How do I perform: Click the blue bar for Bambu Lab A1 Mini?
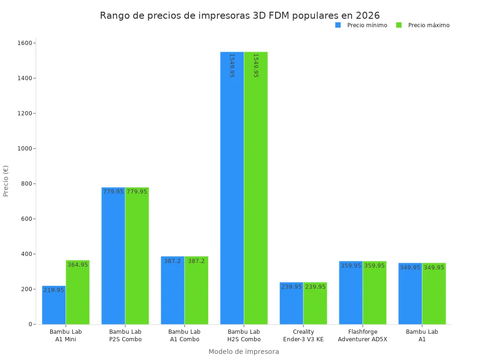(54, 305)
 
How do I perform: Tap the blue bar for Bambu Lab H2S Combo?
(232, 188)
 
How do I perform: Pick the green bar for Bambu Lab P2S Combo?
(137, 256)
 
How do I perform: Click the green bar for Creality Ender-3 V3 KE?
(315, 303)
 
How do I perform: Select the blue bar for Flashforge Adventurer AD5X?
(351, 292)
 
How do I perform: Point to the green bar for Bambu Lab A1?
(434, 293)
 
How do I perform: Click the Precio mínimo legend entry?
(361, 25)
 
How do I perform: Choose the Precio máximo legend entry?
(423, 25)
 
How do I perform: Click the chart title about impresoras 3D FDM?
(240, 15)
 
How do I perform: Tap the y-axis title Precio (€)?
(6, 181)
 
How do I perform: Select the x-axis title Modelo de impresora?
(243, 352)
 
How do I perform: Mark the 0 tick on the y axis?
(30, 324)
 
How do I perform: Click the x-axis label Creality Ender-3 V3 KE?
(303, 336)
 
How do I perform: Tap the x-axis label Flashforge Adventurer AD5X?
(362, 336)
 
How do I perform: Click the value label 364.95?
(78, 265)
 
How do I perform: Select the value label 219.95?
(54, 290)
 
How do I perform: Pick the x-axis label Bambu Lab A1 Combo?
(184, 336)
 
